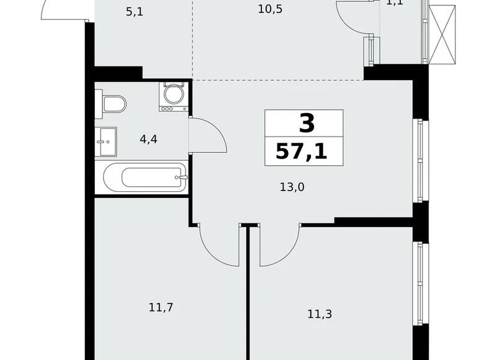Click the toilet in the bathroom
coord(111,103)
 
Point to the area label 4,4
coord(148,139)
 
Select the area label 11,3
coord(319,314)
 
